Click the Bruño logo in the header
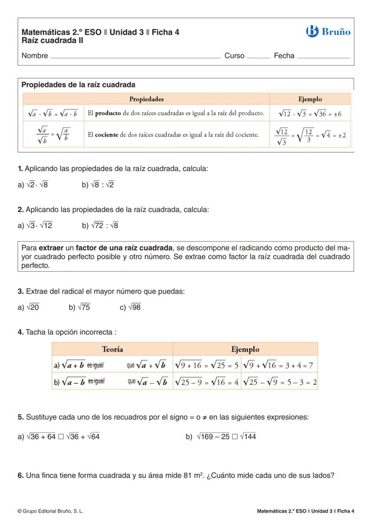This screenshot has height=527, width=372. tap(328, 32)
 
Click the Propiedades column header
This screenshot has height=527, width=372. tap(146, 99)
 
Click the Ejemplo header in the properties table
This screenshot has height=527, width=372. tap(310, 99)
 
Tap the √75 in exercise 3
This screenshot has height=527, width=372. tap(84, 307)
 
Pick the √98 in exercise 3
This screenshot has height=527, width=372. tap(134, 307)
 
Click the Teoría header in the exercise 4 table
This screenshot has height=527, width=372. tap(112, 349)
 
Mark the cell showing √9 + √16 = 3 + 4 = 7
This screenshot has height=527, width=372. tap(279, 365)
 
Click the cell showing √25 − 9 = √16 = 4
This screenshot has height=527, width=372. tap(207, 382)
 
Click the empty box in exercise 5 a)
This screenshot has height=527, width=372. tap(61, 437)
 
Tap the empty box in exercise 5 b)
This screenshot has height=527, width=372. tap(235, 437)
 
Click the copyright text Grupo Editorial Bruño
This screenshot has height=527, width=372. tap(50, 511)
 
